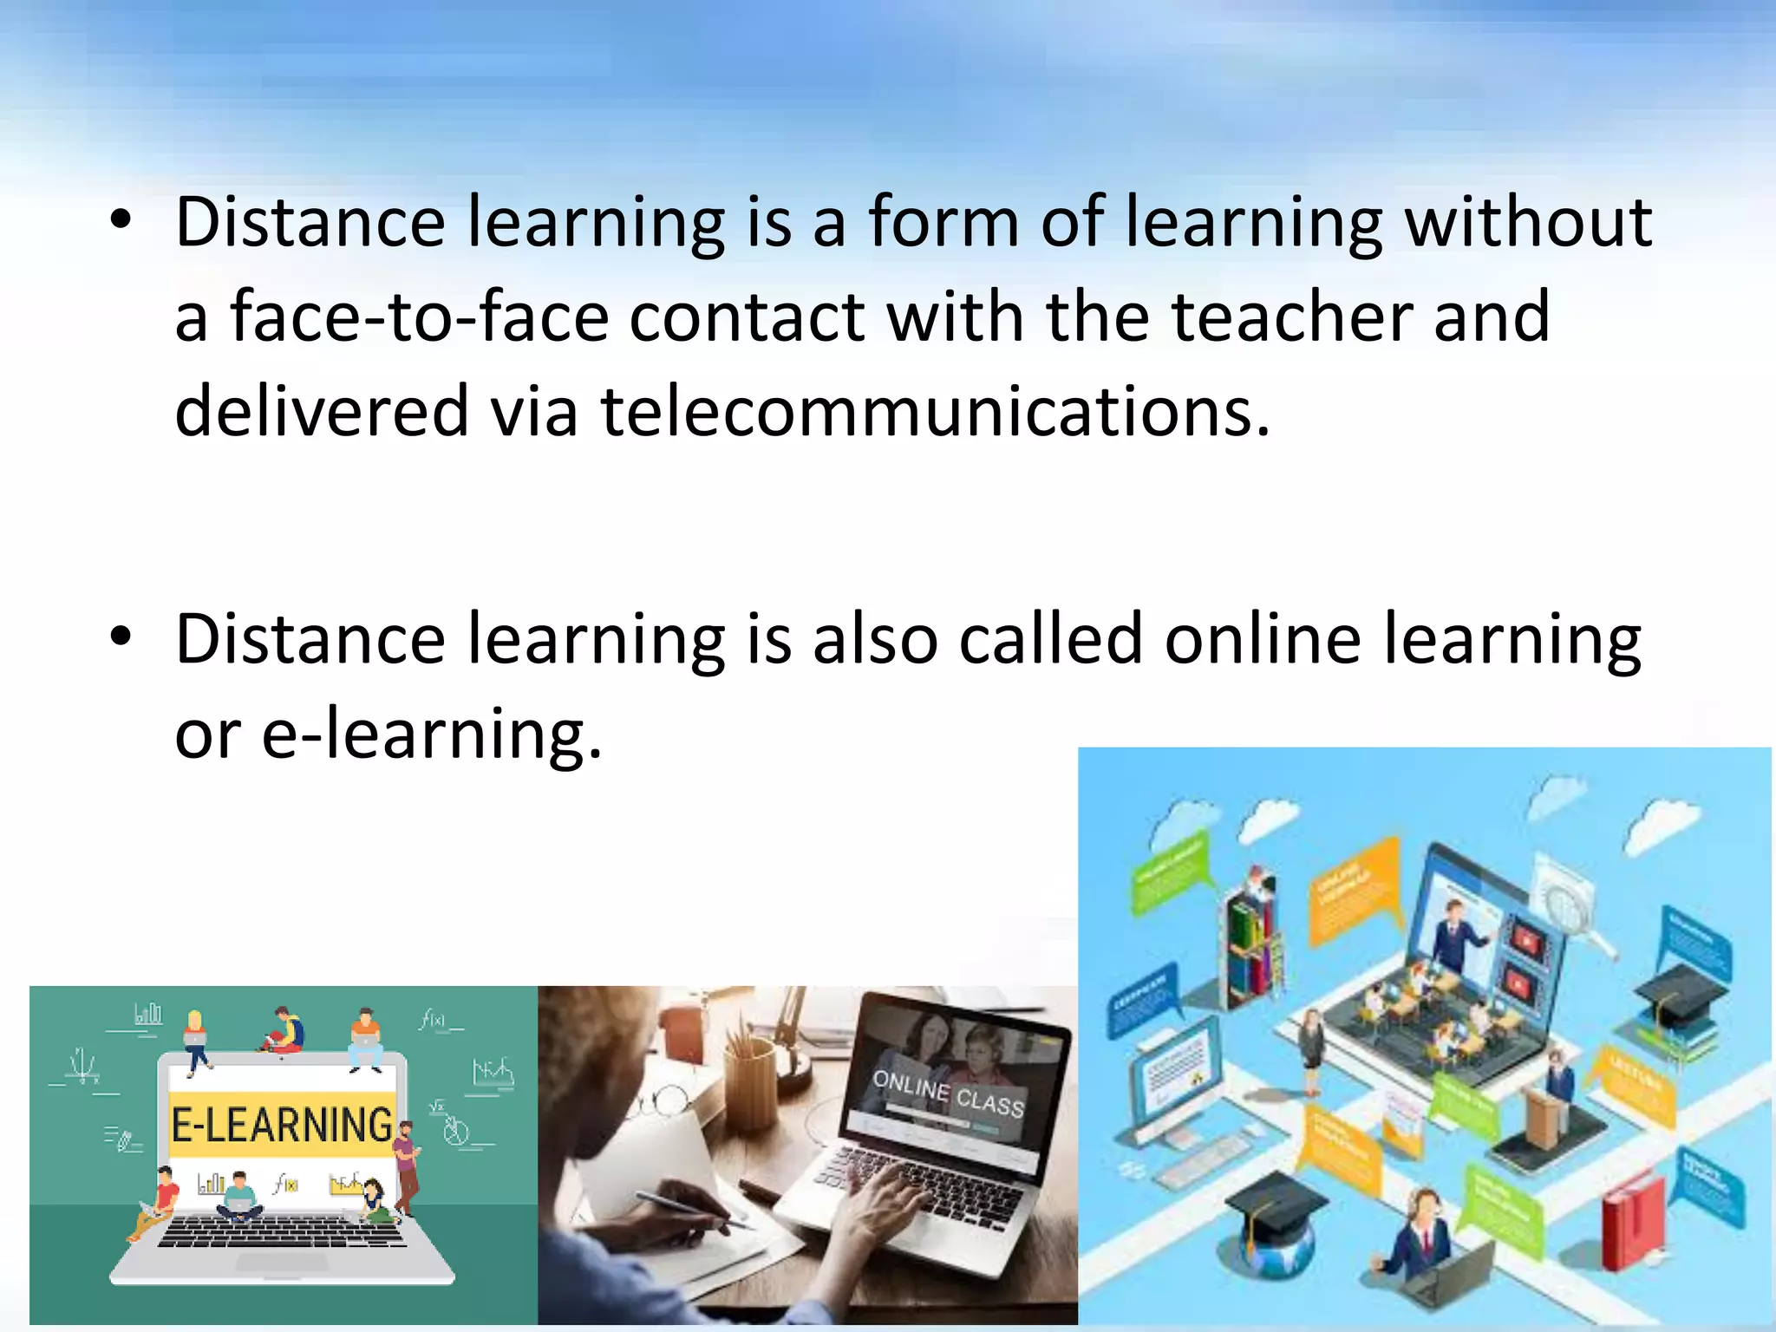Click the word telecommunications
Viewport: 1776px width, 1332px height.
(x=935, y=411)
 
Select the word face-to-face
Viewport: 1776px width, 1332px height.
(x=420, y=317)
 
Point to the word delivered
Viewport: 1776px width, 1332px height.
(x=322, y=411)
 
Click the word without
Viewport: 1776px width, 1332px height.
(x=1528, y=222)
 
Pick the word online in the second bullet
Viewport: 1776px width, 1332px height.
(x=1263, y=639)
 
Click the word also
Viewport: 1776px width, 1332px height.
(x=875, y=639)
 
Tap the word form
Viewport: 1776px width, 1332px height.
(x=943, y=222)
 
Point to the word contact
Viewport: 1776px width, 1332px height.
(x=748, y=317)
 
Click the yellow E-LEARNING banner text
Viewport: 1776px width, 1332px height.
(x=282, y=1125)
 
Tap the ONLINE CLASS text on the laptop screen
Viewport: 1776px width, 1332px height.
(x=949, y=1094)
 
